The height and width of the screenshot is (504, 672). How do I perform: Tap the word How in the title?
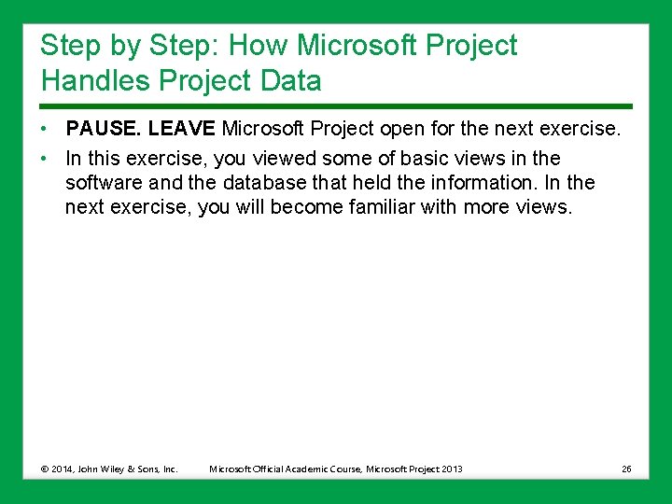point(257,45)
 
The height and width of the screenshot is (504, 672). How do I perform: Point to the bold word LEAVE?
point(183,127)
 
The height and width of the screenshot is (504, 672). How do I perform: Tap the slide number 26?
point(626,469)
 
